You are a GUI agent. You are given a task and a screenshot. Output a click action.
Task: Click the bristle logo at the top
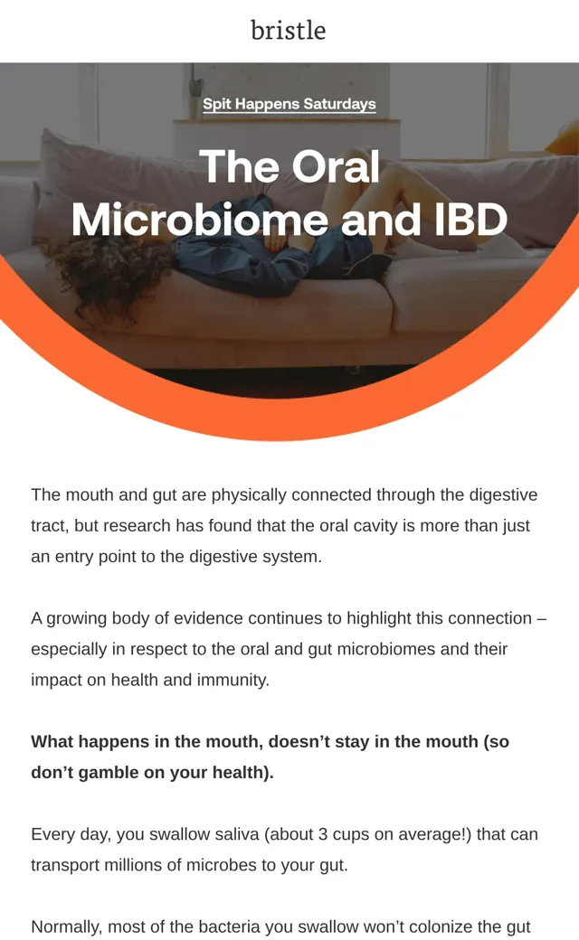coord(289,31)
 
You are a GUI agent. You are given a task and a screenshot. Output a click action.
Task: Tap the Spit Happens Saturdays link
coord(289,104)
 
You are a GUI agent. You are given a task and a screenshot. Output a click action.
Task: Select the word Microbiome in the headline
coord(200,220)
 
